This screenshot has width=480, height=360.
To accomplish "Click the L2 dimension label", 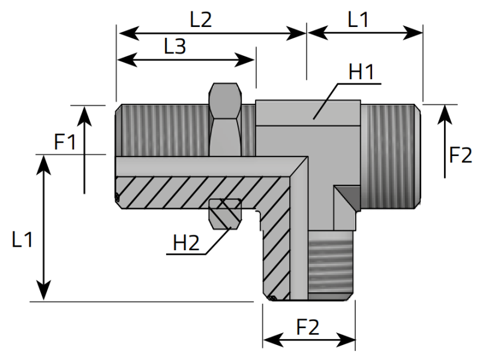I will coord(201,20).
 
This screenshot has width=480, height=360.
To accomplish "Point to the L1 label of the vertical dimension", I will coord(22,240).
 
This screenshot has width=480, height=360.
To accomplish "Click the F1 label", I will coord(65,142).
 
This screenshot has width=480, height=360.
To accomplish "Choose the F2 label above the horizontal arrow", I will coord(308,327).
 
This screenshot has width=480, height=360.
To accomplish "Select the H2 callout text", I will coord(185,243).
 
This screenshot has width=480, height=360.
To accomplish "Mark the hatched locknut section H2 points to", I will coord(224,213).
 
